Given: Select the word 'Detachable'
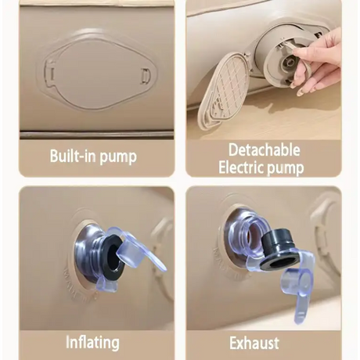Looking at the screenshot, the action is point(264,150).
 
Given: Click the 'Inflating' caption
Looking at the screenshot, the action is point(92,342).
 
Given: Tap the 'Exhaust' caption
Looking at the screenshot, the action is point(254,343).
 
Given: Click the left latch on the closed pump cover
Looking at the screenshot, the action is point(51,74).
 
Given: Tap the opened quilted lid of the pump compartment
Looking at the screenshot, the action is point(225,88).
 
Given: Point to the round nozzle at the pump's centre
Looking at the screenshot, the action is point(289,63).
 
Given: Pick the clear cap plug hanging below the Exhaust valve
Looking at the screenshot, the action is point(297,283).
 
